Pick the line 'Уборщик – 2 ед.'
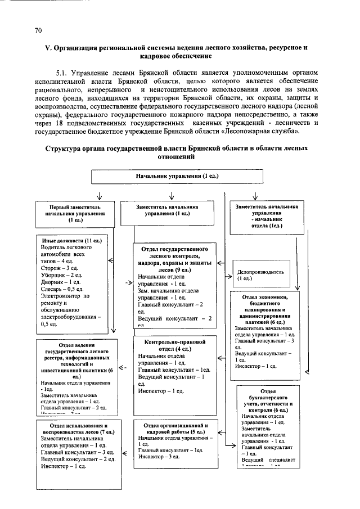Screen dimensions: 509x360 tap(61, 275)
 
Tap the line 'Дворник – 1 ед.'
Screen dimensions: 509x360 tap(61, 282)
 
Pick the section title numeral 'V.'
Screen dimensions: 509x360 tap(48, 48)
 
